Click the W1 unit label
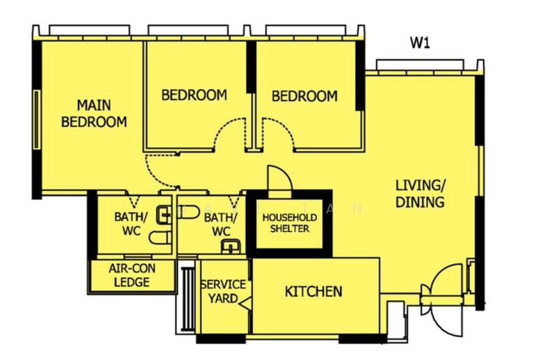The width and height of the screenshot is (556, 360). tap(420, 43)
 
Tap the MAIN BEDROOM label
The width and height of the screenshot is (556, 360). tap(94, 113)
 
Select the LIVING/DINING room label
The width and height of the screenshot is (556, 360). tap(420, 194)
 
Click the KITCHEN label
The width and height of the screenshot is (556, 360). tap(314, 292)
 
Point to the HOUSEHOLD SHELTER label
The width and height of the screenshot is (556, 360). tap(290, 223)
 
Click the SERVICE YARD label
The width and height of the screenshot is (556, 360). tap(223, 291)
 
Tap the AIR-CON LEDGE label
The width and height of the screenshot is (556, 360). tap(132, 275)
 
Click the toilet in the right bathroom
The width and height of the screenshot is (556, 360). tap(188, 212)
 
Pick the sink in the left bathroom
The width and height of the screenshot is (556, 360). tap(164, 215)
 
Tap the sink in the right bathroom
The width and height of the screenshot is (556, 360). tap(231, 246)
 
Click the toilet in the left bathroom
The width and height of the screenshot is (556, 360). tap(161, 238)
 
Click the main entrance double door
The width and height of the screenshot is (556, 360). tap(441, 300)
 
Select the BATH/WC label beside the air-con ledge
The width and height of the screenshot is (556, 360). tap(131, 224)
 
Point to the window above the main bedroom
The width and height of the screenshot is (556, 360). tap(90, 30)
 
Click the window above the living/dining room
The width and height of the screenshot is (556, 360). tap(420, 65)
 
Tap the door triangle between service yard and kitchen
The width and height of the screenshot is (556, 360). tap(245, 304)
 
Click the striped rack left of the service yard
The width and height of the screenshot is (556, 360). tap(187, 299)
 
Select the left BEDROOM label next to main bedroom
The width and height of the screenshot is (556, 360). tap(195, 95)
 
